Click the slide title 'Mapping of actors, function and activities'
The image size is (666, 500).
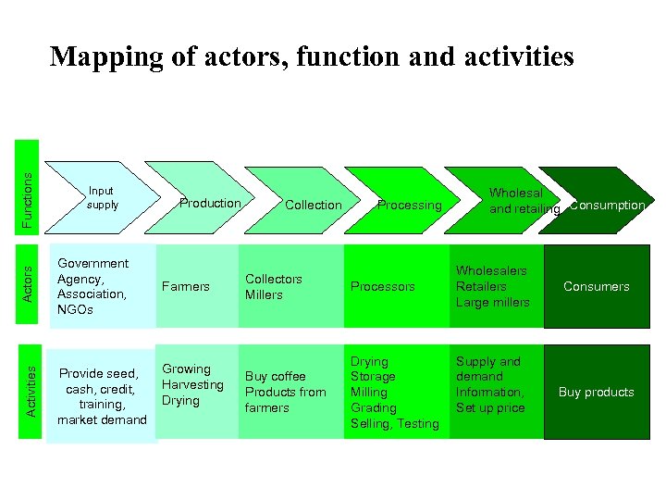click(312, 56)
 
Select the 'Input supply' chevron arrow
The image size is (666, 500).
click(102, 198)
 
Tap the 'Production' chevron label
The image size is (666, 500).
click(210, 203)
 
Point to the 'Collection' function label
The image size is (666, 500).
click(313, 205)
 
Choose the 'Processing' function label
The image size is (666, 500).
click(409, 205)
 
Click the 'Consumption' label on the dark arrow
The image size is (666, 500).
click(607, 205)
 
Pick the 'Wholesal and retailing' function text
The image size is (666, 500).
click(524, 201)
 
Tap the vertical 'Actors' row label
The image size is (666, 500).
click(28, 281)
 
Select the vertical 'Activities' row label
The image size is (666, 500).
click(31, 390)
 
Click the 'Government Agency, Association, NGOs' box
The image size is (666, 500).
click(92, 286)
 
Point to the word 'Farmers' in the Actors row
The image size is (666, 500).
click(186, 286)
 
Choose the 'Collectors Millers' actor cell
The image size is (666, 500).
click(273, 286)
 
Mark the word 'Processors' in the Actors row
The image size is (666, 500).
click(382, 287)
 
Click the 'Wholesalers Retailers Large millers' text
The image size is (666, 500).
click(492, 286)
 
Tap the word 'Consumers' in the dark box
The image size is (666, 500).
click(596, 286)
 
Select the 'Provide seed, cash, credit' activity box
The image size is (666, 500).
click(102, 396)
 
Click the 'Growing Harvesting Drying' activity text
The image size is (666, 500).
click(192, 384)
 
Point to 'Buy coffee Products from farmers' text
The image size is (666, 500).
click(285, 392)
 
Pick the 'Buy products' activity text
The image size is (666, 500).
click(596, 392)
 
